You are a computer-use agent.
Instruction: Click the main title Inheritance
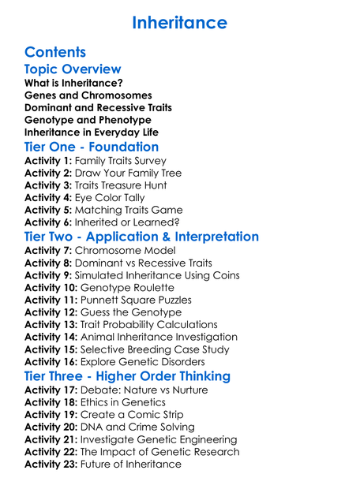[x=179, y=22]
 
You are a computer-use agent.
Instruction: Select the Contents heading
[x=55, y=53]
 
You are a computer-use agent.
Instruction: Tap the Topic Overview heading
[x=73, y=70]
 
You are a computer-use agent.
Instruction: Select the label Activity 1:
[x=51, y=160]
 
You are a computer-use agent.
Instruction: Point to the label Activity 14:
[x=54, y=337]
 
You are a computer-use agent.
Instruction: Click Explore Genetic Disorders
[x=152, y=361]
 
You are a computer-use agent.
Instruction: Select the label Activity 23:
[x=54, y=464]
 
